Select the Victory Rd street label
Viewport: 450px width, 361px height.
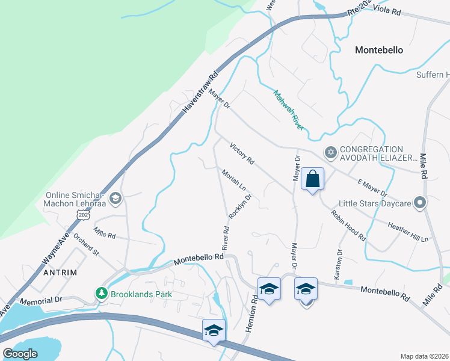click(x=242, y=153)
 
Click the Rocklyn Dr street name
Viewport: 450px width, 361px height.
click(x=239, y=206)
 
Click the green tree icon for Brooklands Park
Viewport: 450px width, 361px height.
click(x=102, y=294)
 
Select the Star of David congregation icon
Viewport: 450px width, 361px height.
click(x=330, y=153)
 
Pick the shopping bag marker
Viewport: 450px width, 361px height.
click(x=312, y=179)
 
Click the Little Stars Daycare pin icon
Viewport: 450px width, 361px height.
click(x=421, y=203)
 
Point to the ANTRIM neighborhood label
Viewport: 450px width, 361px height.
click(x=60, y=273)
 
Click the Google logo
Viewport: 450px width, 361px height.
click(x=20, y=354)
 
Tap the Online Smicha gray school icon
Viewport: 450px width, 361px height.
click(x=116, y=198)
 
